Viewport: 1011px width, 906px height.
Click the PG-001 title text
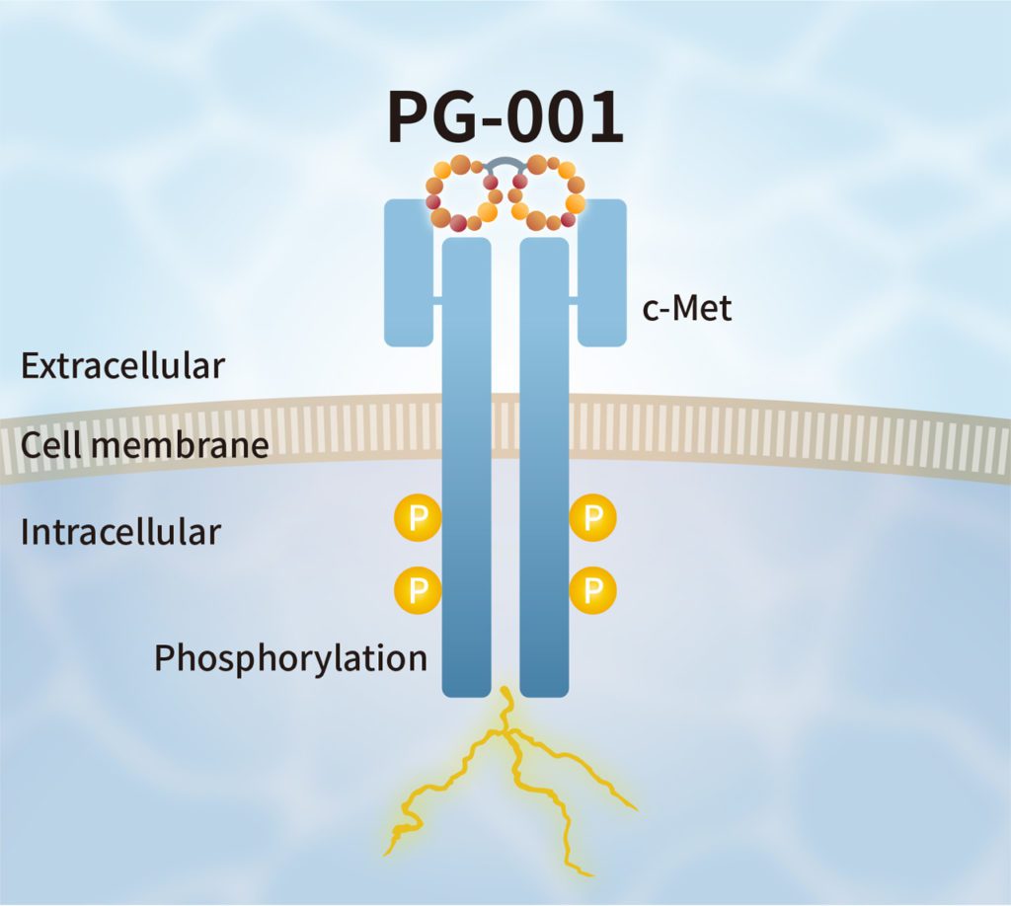tap(505, 118)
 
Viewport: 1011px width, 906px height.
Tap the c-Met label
tap(686, 309)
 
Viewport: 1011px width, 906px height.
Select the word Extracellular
tap(123, 366)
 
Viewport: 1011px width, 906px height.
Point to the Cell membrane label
tap(145, 445)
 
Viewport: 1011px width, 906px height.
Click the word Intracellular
tap(120, 533)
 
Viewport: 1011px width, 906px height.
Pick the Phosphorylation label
tap(290, 658)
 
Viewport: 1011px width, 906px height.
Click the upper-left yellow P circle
tap(417, 518)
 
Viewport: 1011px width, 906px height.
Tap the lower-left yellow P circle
tap(417, 590)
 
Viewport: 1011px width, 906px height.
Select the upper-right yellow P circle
tap(593, 518)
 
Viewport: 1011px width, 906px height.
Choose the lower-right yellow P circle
tap(593, 590)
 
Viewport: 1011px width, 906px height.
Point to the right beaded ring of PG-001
tap(549, 191)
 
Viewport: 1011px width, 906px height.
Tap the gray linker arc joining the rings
tap(505, 162)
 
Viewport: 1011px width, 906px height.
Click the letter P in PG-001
tap(411, 119)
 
